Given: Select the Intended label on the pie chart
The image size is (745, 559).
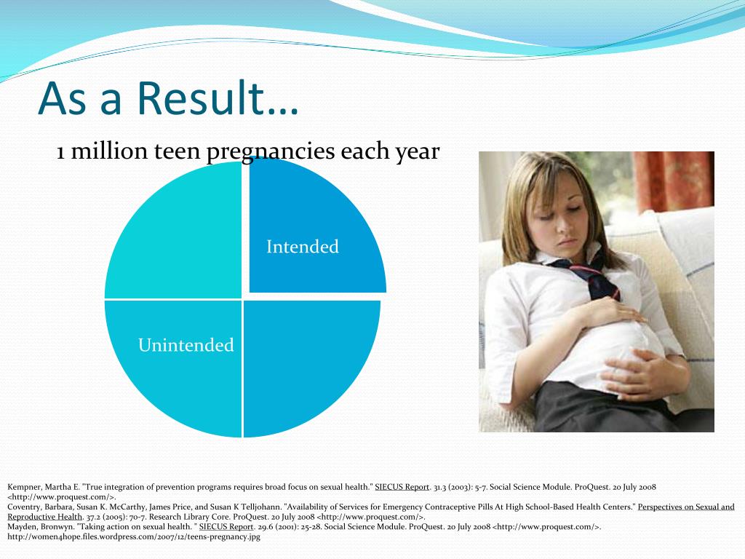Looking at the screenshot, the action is click(303, 246).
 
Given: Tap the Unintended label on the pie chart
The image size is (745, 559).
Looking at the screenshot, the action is click(186, 344).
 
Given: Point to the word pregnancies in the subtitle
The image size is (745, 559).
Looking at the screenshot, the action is click(271, 152).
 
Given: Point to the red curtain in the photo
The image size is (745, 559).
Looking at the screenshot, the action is click(674, 181).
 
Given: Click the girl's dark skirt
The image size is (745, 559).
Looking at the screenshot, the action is click(618, 409).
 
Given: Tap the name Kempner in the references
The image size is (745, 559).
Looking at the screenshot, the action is click(24, 487).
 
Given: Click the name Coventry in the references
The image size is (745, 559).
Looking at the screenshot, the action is click(24, 507).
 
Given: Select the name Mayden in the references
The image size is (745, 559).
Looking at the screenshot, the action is click(21, 527).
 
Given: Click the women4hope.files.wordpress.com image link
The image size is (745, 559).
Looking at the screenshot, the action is click(134, 537).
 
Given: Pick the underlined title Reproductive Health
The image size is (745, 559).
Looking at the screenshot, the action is click(45, 517).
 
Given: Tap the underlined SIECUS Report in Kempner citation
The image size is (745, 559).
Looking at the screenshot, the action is click(402, 487).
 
